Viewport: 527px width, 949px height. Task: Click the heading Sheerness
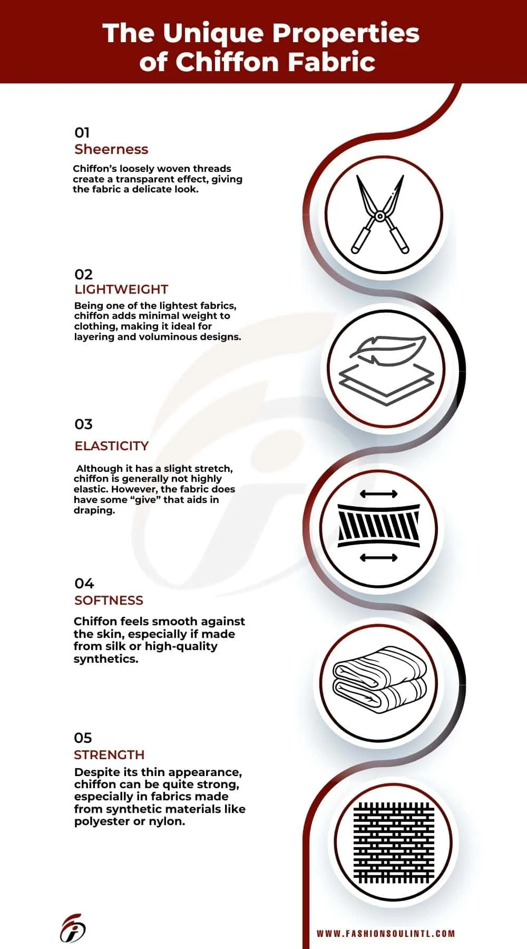111,149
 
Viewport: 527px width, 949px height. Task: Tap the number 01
82,132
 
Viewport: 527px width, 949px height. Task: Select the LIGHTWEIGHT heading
121,289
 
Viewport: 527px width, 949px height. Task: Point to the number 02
83,274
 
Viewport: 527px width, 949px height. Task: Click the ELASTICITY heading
112,446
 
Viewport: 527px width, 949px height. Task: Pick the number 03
83,424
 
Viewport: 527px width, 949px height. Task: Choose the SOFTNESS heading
109,600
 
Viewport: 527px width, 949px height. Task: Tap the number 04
84,583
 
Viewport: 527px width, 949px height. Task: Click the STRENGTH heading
109,754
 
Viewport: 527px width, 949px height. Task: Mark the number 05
83,738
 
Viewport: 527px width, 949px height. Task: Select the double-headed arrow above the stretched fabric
378,494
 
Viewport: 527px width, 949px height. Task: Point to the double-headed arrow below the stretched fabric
378,557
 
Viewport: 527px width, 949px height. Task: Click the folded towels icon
379,677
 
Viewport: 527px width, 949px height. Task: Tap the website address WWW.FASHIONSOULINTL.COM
385,933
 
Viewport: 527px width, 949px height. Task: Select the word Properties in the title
345,33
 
